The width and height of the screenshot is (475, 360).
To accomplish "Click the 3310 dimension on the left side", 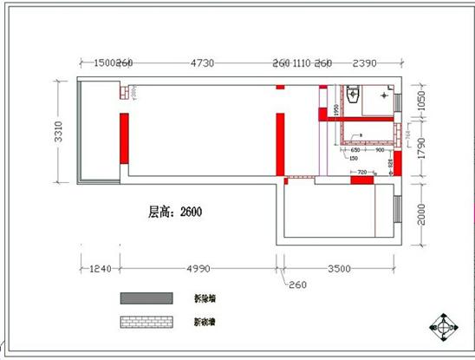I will click(x=59, y=133).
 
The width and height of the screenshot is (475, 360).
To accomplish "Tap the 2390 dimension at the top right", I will click(x=365, y=63).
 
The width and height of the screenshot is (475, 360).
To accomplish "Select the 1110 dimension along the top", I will click(x=302, y=63).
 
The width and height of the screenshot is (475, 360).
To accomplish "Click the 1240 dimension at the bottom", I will click(x=102, y=269).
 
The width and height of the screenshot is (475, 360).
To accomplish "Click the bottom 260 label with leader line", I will click(x=296, y=285).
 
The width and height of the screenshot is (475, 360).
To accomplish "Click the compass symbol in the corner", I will click(x=447, y=329).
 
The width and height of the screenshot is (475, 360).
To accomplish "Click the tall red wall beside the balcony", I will click(x=124, y=143).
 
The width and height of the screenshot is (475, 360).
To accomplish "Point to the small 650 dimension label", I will click(x=355, y=149).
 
